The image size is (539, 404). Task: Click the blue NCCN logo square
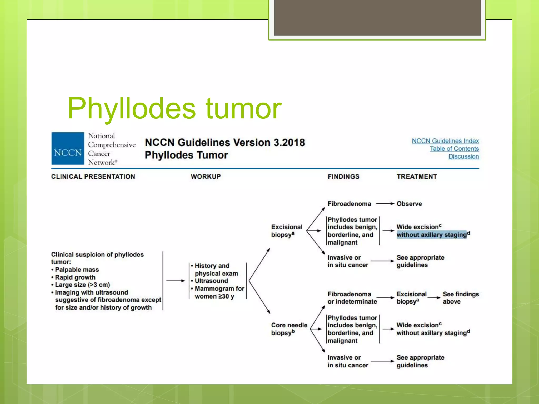pyautogui.click(x=68, y=149)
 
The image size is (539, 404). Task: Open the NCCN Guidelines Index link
pyautogui.click(x=445, y=141)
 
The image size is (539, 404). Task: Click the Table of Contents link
pyautogui.click(x=454, y=149)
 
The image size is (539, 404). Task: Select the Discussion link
pyautogui.click(x=463, y=156)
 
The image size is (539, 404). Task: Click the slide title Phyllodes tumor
pyautogui.click(x=174, y=108)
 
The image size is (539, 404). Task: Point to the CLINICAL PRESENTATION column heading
pyautogui.click(x=93, y=176)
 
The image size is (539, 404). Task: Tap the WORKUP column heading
pyautogui.click(x=206, y=176)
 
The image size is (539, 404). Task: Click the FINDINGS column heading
pyautogui.click(x=343, y=176)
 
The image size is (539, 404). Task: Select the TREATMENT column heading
pyautogui.click(x=417, y=176)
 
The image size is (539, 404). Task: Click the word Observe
pyautogui.click(x=409, y=204)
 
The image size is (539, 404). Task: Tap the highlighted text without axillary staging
pyautogui.click(x=432, y=235)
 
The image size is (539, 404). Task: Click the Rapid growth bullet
pyautogui.click(x=75, y=277)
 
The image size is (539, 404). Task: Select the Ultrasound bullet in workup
pyautogui.click(x=211, y=281)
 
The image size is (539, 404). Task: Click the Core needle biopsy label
pyautogui.click(x=289, y=329)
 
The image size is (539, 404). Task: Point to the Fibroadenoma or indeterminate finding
pyautogui.click(x=352, y=298)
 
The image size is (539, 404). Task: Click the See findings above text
pyautogui.click(x=460, y=298)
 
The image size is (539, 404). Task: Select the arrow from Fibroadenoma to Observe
pyautogui.click(x=385, y=204)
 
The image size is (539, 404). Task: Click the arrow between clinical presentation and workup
pyautogui.click(x=176, y=281)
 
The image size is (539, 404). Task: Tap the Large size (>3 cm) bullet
pyautogui.click(x=82, y=285)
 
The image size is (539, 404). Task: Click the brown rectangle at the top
pyautogui.click(x=377, y=17)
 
